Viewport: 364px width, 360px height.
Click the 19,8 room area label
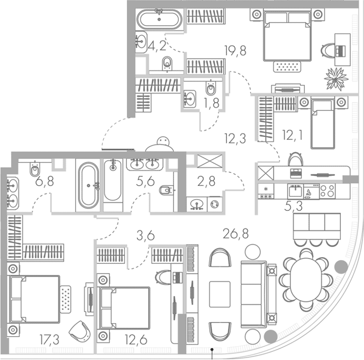point(235,50)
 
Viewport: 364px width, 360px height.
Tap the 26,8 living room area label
point(235,233)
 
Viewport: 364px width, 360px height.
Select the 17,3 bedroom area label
point(49,340)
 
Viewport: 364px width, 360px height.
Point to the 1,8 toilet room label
point(211,103)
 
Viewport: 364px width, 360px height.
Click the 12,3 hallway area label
point(235,138)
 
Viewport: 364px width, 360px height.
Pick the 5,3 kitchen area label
point(293,206)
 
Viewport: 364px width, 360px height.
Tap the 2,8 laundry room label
point(206,181)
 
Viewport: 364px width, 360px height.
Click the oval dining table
point(306,280)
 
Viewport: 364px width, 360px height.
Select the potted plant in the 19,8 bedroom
point(336,79)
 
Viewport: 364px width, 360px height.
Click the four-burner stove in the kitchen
point(327,191)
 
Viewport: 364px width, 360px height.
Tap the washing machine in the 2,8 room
point(215,204)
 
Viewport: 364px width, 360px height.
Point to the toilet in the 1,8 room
point(211,88)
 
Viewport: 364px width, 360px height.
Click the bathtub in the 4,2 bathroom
point(159,19)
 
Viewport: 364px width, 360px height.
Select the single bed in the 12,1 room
point(323,123)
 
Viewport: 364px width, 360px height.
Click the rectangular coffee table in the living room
point(220,294)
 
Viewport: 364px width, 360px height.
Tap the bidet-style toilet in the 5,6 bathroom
point(166,190)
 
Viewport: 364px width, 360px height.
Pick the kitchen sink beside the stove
point(295,191)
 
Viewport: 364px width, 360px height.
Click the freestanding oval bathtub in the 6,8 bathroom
point(88,185)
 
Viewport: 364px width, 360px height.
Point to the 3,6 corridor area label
point(145,236)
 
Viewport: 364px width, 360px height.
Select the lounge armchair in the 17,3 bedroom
point(80,331)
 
